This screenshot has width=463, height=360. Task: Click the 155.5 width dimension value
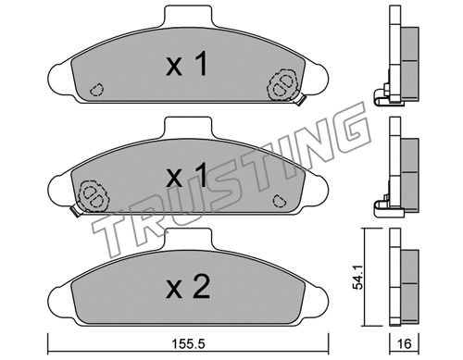click(188, 343)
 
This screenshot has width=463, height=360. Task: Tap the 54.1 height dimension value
click(358, 277)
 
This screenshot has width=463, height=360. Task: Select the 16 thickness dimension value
click(404, 343)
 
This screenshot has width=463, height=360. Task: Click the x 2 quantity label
click(188, 287)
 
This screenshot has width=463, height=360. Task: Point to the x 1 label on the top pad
click(186, 64)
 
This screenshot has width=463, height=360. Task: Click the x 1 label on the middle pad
click(186, 175)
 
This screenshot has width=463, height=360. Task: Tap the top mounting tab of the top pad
click(188, 16)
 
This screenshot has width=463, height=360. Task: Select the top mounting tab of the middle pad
click(188, 127)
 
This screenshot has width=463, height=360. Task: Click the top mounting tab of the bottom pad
click(188, 239)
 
